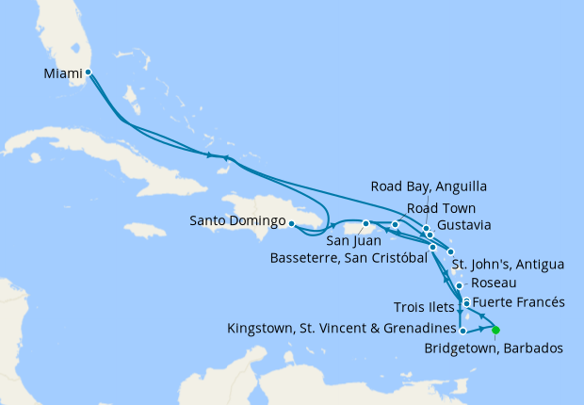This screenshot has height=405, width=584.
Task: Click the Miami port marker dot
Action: point(88,72)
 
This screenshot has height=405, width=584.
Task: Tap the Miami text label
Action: point(62,73)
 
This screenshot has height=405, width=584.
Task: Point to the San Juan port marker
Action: point(365,224)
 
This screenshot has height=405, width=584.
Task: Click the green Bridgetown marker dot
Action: point(495,330)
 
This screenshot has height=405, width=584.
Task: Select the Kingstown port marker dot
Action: point(462,331)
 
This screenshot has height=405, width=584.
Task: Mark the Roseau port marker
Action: point(459,286)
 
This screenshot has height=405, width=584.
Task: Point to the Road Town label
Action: point(441,207)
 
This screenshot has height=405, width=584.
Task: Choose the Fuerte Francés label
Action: point(517,302)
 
